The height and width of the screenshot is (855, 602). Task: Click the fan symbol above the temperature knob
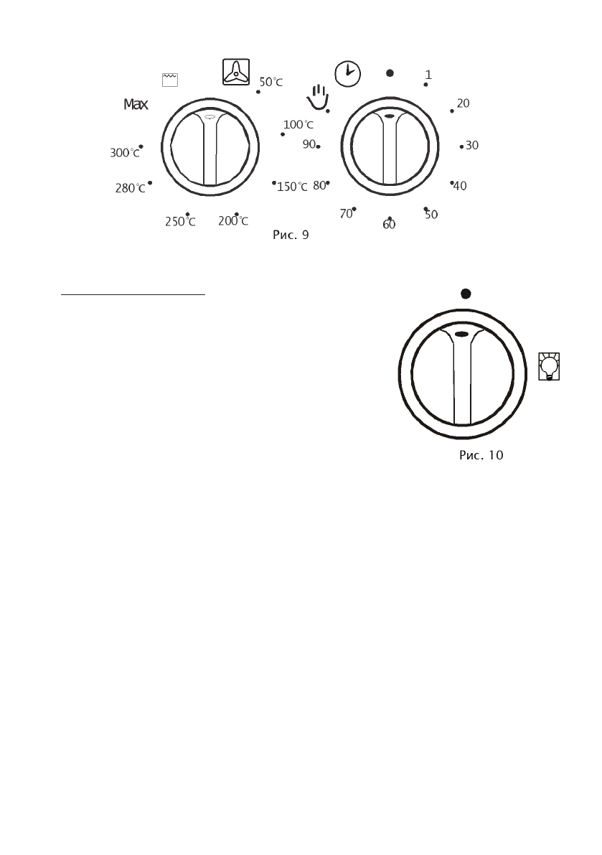[x=236, y=72]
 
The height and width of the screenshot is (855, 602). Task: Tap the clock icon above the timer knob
[x=347, y=74]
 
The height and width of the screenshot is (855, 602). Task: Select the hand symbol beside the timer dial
[x=318, y=96]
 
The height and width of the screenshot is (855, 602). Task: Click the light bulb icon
[x=549, y=366]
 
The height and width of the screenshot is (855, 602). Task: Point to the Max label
[x=136, y=104]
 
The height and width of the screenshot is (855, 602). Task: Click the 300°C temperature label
[x=125, y=153]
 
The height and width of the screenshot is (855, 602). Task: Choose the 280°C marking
[x=130, y=188]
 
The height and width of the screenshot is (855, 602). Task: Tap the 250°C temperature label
[x=180, y=222]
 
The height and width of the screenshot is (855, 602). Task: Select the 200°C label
[x=233, y=221]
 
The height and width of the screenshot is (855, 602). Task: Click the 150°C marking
[x=292, y=187]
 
